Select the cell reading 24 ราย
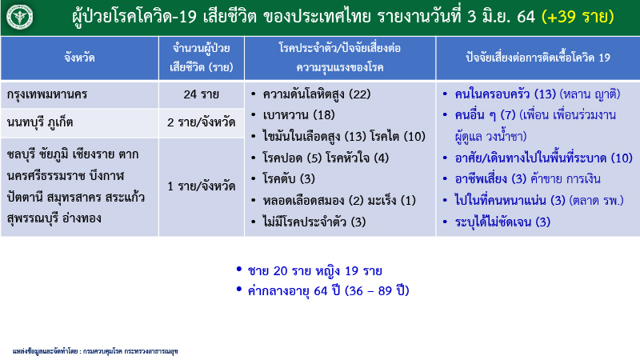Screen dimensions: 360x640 201,95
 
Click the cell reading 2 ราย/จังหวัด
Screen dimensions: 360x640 201,123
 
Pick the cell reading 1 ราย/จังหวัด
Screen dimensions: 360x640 201,186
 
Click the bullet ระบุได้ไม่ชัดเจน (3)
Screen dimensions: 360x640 503,221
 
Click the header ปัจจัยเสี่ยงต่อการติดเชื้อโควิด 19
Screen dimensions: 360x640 538,58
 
